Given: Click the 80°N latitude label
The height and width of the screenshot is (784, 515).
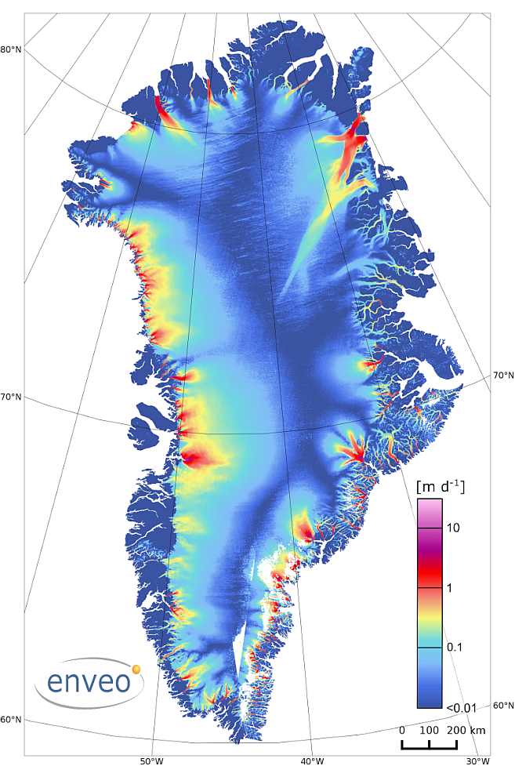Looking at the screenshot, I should [x=11, y=50].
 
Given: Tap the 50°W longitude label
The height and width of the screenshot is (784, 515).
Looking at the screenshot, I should [x=151, y=761].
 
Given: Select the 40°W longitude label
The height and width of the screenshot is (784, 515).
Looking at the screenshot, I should [x=312, y=761].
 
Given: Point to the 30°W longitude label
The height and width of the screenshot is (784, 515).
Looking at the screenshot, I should [x=477, y=761].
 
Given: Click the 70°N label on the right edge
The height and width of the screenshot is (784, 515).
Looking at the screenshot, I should [x=503, y=376].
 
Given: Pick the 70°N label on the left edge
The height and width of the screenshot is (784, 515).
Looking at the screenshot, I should [x=11, y=397].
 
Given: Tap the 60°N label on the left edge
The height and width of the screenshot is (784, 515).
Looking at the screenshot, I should [x=11, y=720].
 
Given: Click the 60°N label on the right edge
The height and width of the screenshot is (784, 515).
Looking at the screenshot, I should [x=503, y=706].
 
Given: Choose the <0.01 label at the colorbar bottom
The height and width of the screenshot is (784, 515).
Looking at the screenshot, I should [x=462, y=708].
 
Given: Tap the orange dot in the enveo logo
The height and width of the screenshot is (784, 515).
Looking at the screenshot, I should [x=136, y=670].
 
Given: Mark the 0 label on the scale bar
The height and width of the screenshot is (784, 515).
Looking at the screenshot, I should [x=402, y=730].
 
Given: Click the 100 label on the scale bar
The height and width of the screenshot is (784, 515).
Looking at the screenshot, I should [x=429, y=730].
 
